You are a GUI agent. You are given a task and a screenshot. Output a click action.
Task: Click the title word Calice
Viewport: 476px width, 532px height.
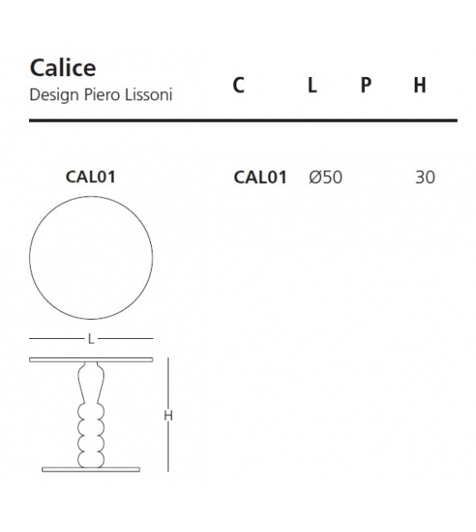(62, 67)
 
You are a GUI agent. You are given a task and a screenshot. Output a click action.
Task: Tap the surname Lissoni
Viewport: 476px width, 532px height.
(148, 94)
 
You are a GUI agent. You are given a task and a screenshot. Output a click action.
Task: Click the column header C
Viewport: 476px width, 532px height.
(239, 85)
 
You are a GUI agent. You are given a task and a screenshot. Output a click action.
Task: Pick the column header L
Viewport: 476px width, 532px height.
(312, 85)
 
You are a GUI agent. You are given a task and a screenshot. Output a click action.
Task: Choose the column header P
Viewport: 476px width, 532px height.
(365, 85)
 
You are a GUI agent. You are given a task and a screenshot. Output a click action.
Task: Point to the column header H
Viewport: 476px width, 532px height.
(420, 85)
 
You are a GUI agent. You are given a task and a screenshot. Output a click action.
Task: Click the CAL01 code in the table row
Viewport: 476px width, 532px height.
(260, 177)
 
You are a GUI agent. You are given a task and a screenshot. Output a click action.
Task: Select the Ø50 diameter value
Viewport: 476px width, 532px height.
(325, 177)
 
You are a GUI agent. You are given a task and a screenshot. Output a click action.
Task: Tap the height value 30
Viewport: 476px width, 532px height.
(425, 177)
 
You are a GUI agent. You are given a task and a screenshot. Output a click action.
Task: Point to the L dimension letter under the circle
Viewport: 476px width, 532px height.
(91, 338)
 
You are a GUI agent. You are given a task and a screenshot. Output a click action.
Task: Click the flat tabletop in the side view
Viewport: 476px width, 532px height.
(91, 360)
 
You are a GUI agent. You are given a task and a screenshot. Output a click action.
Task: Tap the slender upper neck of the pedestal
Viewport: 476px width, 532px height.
(91, 384)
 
